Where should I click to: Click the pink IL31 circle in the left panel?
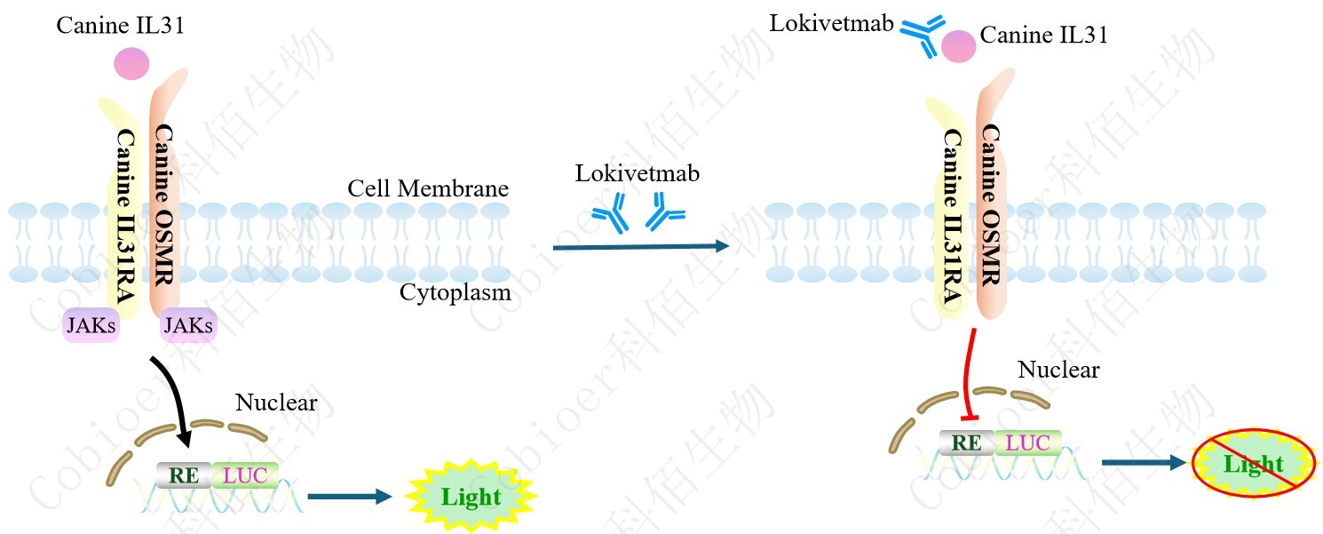(131, 64)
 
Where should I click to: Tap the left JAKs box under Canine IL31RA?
(91, 327)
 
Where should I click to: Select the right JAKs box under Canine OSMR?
(188, 327)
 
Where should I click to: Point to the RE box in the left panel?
(184, 474)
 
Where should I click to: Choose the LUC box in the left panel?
(245, 474)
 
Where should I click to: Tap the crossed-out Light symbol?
(1252, 464)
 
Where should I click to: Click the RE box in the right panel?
(967, 442)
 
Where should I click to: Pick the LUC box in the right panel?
(1027, 442)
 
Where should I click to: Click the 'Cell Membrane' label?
(428, 188)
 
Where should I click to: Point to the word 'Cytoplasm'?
(455, 292)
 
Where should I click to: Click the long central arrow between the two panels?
(639, 247)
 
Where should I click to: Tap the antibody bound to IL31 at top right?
(923, 36)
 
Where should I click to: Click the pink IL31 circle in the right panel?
(958, 46)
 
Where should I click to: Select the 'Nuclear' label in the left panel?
(276, 402)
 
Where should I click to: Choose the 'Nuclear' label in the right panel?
(1058, 369)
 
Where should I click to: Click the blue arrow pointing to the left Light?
(349, 497)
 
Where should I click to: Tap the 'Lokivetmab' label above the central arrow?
(637, 173)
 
